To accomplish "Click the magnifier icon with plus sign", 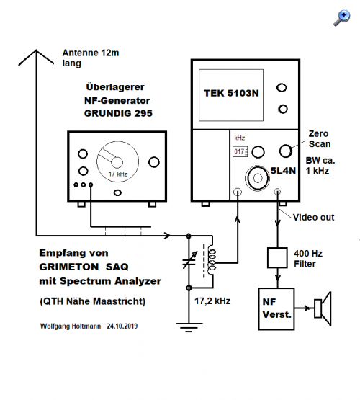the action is coord(342,17).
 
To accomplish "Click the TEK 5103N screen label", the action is coord(231,93).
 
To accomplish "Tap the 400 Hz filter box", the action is coord(277,257).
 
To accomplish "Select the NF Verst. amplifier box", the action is coord(276,309).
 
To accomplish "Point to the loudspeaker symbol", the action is coord(323,308).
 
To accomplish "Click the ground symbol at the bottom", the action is coord(189,327).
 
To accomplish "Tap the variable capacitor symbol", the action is coord(189,260).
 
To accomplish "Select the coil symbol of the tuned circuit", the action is coord(212,260).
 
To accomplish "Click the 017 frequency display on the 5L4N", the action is coord(240,151).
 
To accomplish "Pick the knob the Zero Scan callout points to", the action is coord(286,151).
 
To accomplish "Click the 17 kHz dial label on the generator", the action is coord(117,174).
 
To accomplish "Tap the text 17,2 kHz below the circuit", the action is coord(212,301).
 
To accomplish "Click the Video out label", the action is coord(313,218).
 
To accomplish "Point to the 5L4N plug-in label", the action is coord(283,171).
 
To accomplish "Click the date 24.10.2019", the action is coord(122,326).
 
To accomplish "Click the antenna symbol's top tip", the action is coord(36,50).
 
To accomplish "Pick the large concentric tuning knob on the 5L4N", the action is coord(257,178).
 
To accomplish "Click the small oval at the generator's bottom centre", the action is coord(117,192).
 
